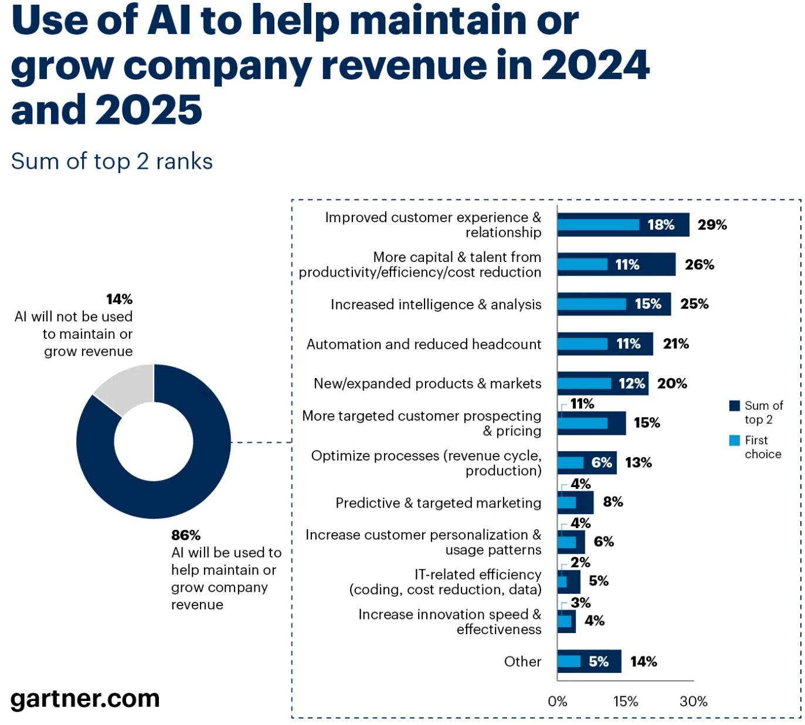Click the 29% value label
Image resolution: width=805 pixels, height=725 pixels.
click(x=712, y=225)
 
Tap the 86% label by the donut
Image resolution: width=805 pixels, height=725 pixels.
click(x=186, y=535)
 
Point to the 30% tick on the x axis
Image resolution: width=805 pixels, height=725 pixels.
click(x=693, y=702)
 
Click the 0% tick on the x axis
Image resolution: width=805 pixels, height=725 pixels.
click(x=557, y=702)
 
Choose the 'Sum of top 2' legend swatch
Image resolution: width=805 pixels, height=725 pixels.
click(x=734, y=406)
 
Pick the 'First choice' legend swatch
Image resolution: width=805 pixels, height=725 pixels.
click(x=734, y=440)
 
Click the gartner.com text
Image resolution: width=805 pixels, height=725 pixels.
click(x=85, y=699)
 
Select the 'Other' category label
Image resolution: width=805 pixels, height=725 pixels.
click(x=522, y=662)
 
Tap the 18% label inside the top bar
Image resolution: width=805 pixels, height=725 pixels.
click(x=661, y=225)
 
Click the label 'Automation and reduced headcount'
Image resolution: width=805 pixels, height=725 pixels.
click(x=423, y=344)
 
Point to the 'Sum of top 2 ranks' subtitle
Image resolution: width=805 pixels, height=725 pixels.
click(x=112, y=161)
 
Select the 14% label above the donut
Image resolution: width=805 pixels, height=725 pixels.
click(x=119, y=299)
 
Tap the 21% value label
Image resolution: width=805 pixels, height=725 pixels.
click(x=675, y=344)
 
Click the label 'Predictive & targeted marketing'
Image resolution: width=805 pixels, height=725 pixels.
click(x=438, y=503)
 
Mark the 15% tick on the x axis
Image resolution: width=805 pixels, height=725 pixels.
click(x=625, y=702)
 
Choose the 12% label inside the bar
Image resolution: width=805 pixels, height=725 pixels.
click(x=631, y=384)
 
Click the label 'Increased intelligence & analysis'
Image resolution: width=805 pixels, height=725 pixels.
click(x=436, y=305)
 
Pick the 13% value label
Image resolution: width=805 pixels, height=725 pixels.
click(x=638, y=463)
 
